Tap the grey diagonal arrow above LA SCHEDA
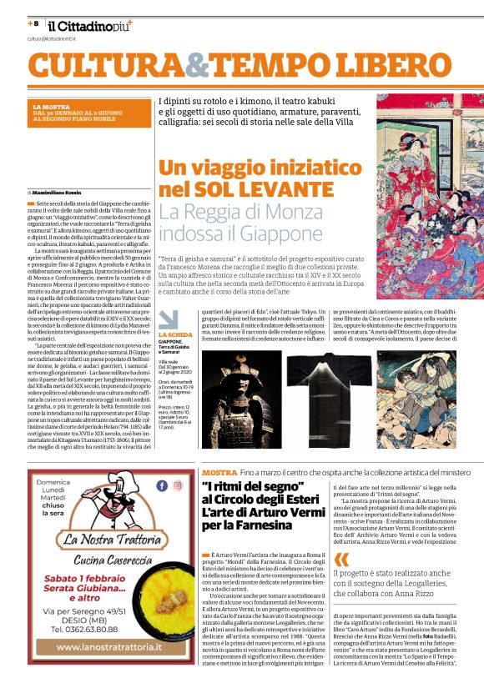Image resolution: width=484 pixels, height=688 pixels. (169, 319)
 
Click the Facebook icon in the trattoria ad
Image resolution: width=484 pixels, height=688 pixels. (162, 485)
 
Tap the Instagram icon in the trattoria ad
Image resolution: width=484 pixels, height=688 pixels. (178, 485)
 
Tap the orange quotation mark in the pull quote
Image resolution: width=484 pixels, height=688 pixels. (339, 560)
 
